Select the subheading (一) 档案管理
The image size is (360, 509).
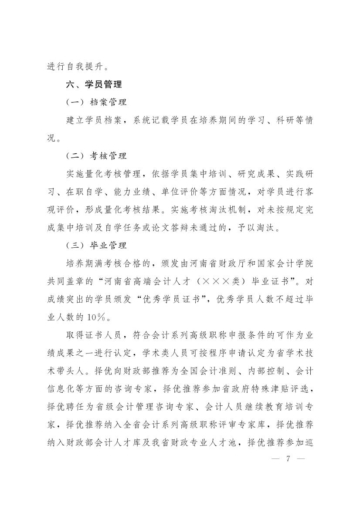pyautogui.click(x=96, y=103)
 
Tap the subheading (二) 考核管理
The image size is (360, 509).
pyautogui.click(x=96, y=156)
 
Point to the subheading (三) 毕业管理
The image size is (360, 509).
pyautogui.click(x=96, y=246)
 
